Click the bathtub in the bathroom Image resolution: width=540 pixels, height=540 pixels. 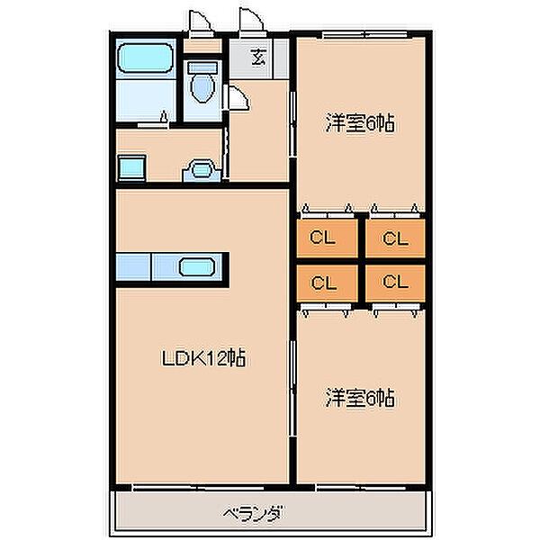point(145,58)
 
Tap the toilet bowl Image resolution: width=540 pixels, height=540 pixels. point(202,88)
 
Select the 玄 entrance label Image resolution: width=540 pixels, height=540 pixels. point(258,58)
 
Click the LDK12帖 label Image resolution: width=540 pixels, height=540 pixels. point(203,358)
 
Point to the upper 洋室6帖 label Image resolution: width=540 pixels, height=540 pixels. point(360,123)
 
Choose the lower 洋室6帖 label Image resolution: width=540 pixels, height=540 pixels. point(360,398)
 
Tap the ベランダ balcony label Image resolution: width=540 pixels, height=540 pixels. point(254,514)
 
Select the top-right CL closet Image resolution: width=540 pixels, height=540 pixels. point(395,238)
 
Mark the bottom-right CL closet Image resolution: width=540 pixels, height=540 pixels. point(395,283)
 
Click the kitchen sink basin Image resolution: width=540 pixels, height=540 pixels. point(197,267)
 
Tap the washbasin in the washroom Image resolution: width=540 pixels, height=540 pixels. point(202,170)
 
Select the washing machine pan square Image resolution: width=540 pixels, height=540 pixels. point(132,167)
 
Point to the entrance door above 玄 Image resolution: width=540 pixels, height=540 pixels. point(252,21)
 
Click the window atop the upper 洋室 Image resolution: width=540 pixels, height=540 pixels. point(364,34)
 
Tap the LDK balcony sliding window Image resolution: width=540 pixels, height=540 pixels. point(198,488)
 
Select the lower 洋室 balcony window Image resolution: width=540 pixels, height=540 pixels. point(361,488)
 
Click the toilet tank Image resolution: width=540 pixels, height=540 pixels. point(202,67)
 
